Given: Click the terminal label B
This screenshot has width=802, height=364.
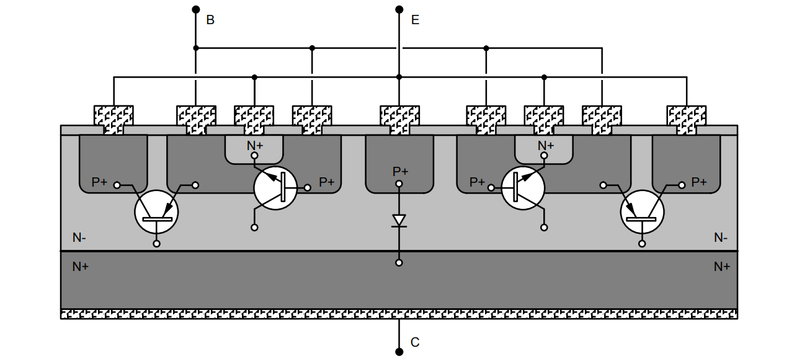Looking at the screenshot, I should click(210, 20).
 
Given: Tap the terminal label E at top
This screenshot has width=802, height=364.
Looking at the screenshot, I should click(415, 20).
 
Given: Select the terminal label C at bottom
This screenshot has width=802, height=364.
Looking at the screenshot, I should click(415, 342).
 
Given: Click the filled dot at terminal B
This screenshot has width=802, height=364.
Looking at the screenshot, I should click(195, 9).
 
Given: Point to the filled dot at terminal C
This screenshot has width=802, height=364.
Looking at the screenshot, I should click(399, 352).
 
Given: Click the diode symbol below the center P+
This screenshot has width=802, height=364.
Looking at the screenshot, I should click(399, 220).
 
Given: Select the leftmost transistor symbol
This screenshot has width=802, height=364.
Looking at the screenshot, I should click(156, 212).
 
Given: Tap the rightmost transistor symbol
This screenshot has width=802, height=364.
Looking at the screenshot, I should click(642, 212).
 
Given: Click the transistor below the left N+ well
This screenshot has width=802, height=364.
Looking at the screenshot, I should click(276, 188).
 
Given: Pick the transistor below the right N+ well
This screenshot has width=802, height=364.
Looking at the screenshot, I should click(523, 188).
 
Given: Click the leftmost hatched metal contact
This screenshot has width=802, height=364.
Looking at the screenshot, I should click(114, 118).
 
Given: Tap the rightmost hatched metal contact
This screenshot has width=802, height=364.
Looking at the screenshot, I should click(687, 118).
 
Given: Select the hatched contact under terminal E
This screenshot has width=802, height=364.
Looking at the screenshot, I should click(399, 118).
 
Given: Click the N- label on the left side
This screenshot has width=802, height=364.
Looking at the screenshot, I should click(79, 237).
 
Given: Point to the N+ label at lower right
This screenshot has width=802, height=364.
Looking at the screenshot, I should click(721, 267).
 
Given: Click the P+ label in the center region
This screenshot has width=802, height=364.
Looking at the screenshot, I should click(400, 171).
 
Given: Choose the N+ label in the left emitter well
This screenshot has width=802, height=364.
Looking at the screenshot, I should click(255, 145).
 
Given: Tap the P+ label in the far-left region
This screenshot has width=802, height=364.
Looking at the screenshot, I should click(99, 182).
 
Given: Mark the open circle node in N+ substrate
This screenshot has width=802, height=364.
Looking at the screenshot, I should click(399, 263).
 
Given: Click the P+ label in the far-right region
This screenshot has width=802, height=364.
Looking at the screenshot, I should click(699, 182).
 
